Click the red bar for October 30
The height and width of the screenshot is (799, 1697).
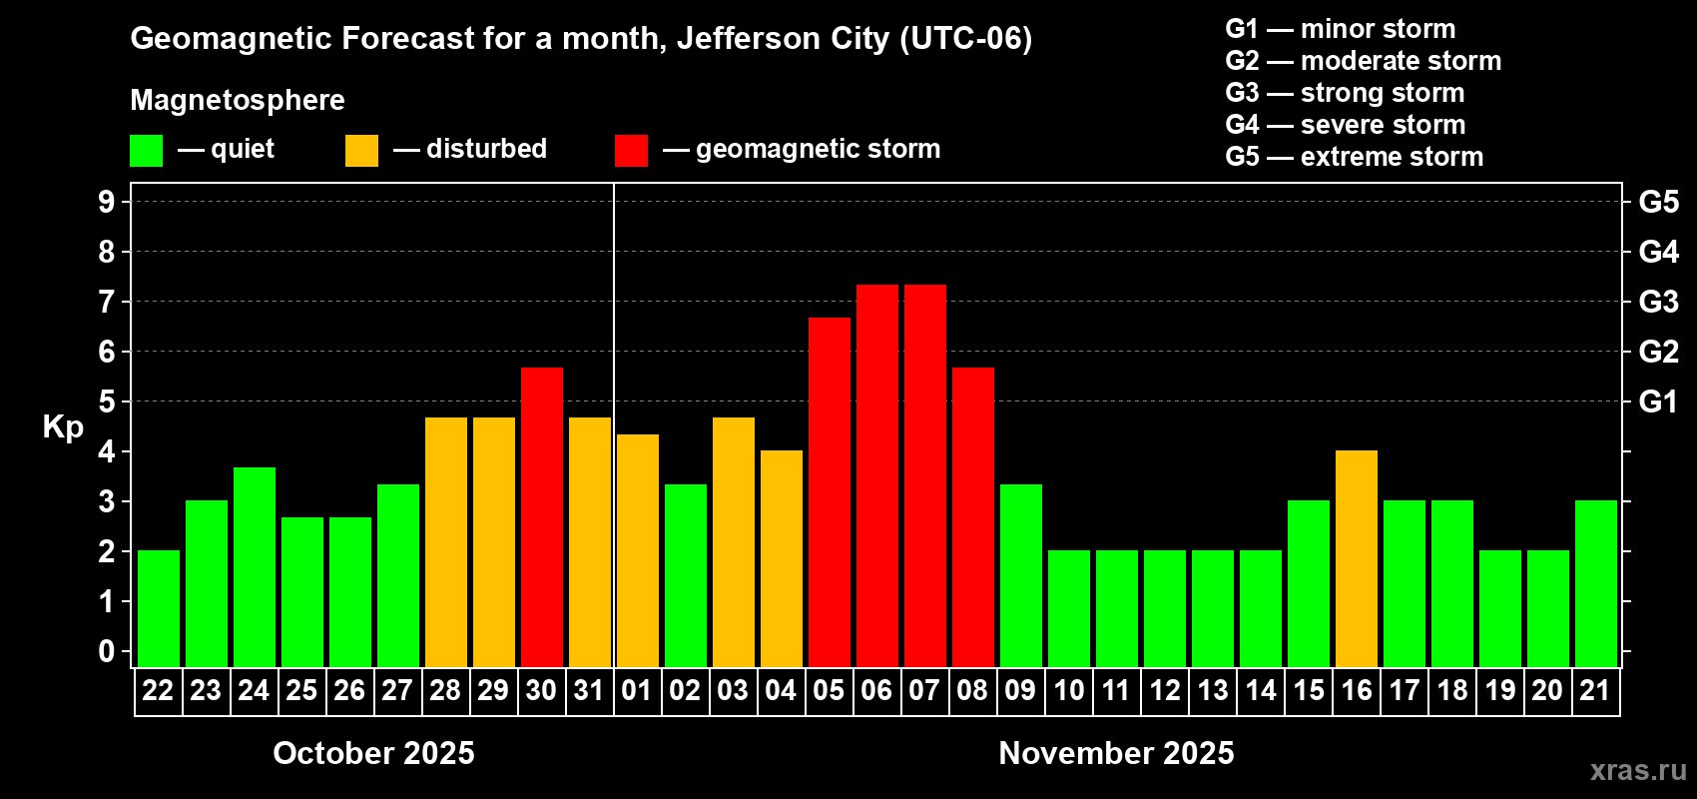(x=541, y=517)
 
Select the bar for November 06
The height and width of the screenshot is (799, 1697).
(x=876, y=475)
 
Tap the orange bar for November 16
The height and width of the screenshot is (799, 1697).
(x=1356, y=558)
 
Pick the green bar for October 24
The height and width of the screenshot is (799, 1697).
(x=254, y=567)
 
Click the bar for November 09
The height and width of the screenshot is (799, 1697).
(x=1020, y=575)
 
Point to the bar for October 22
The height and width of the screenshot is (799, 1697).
(x=158, y=608)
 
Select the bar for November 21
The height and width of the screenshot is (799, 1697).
(x=1595, y=583)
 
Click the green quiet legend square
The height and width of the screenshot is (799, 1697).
(x=146, y=151)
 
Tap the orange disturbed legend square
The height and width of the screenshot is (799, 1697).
(x=361, y=151)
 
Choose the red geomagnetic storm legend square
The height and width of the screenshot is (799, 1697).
(x=631, y=151)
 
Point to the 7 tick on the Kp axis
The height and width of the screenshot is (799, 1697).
(x=107, y=302)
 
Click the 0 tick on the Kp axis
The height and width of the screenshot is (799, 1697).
(x=107, y=652)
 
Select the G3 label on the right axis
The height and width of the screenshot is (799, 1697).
(x=1658, y=302)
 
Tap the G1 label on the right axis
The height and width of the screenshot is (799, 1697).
(x=1658, y=401)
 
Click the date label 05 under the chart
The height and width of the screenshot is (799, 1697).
(x=829, y=690)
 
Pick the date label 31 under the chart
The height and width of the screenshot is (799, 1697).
(x=589, y=690)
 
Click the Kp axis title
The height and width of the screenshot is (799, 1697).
(x=63, y=426)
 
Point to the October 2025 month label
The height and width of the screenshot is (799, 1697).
(x=373, y=753)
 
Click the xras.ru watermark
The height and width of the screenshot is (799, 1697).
(x=1638, y=770)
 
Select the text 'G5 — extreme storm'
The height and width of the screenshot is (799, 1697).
(x=1354, y=157)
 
